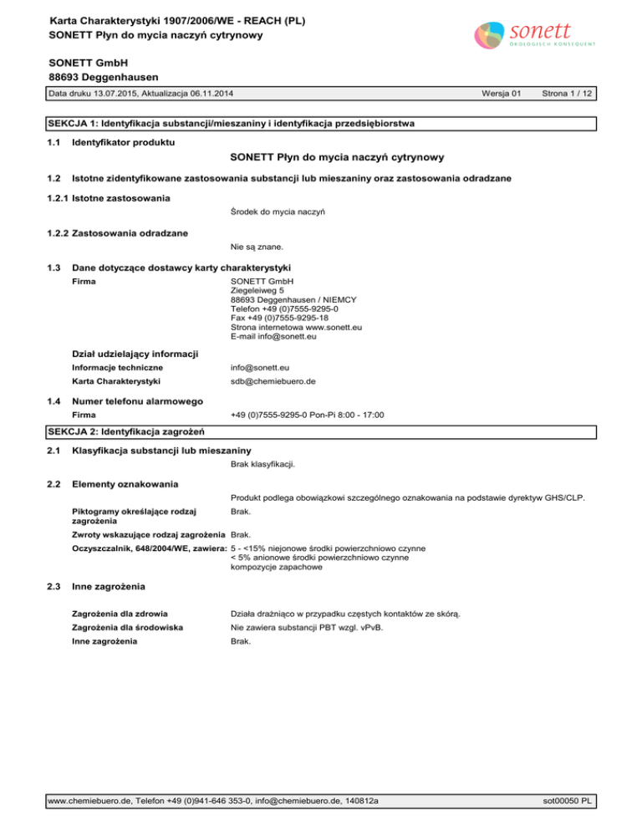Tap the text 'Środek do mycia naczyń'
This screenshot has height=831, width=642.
coord(278,212)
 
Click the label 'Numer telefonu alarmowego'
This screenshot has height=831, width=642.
coord(138,401)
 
